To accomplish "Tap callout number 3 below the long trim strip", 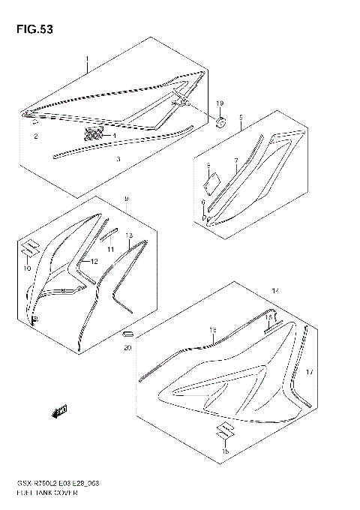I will [118, 160].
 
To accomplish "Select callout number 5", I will [241, 118].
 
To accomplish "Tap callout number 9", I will [127, 199].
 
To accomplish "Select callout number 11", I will [110, 248].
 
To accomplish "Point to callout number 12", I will [95, 262].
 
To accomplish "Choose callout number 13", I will [129, 235].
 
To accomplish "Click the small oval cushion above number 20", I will [127, 333].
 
